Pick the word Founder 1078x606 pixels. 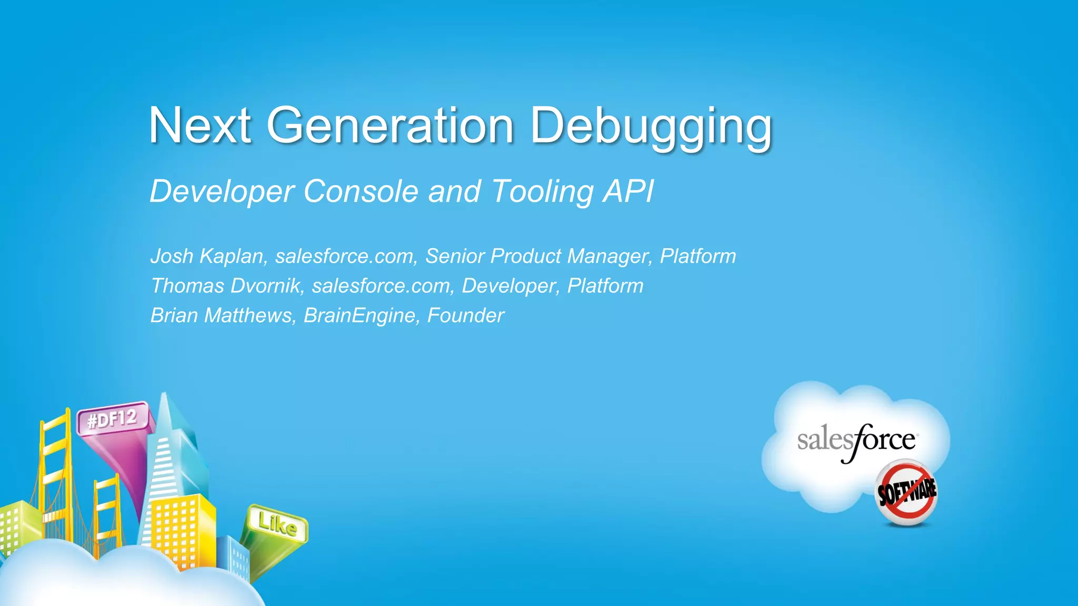tap(465, 316)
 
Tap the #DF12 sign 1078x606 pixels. tap(112, 420)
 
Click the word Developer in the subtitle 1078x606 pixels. tap(222, 191)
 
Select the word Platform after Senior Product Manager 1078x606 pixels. tap(698, 256)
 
